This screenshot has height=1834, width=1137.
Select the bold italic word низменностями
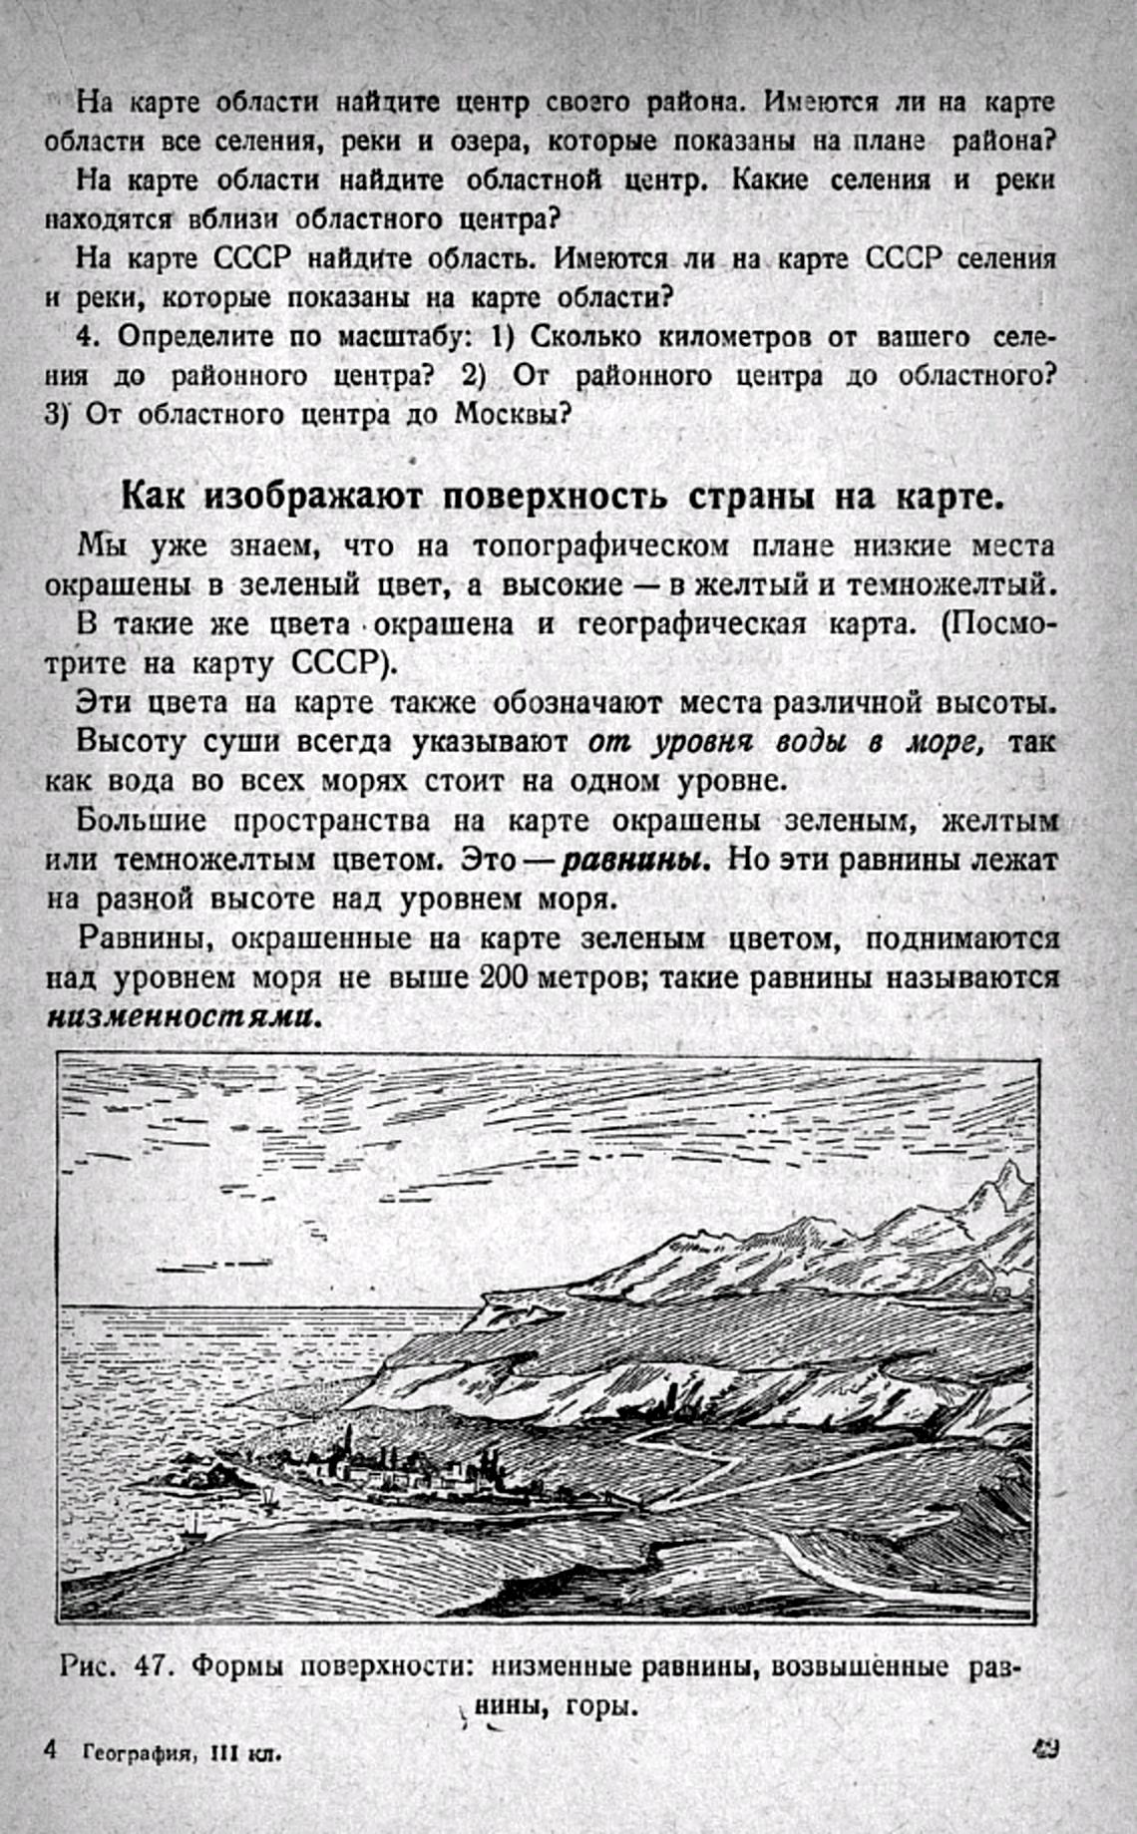(185, 1018)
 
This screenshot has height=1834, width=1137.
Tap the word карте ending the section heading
(949, 496)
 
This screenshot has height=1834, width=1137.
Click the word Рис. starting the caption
(90, 1666)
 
